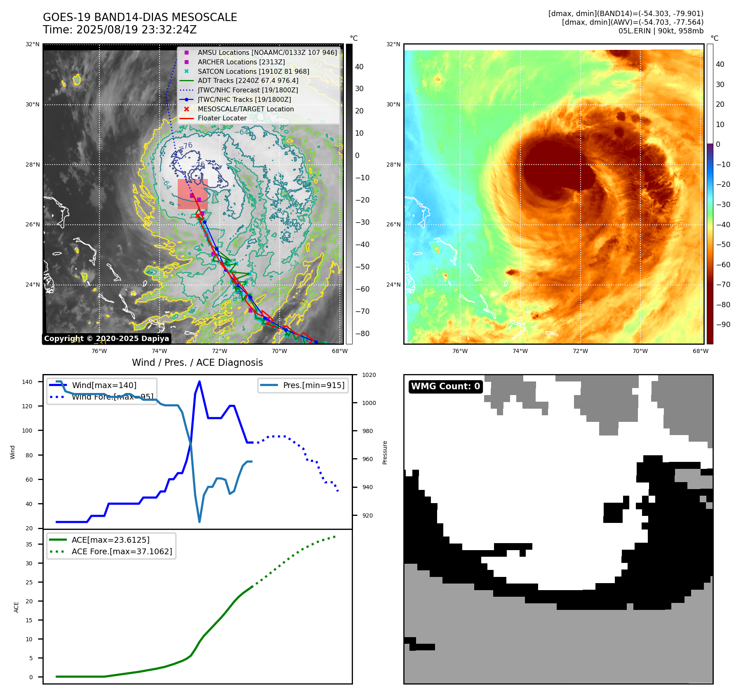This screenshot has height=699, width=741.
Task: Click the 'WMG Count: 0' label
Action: click(x=445, y=386)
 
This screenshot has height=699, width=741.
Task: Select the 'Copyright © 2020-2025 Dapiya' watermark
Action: click(x=106, y=339)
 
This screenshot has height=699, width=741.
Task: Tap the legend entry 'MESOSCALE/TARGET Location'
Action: click(x=245, y=109)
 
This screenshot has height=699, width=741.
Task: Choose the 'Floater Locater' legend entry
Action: click(x=222, y=118)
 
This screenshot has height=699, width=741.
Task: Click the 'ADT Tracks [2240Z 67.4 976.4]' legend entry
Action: click(x=248, y=81)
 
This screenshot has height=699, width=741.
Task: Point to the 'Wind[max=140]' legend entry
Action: click(x=104, y=385)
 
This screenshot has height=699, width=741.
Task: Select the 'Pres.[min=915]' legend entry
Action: click(x=313, y=385)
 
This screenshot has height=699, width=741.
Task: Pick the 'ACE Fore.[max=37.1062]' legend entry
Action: click(x=122, y=551)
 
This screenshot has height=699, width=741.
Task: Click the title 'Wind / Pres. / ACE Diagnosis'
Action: click(x=197, y=362)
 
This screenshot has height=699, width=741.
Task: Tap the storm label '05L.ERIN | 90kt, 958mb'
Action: click(x=661, y=31)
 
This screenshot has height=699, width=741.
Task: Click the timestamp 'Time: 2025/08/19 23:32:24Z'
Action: click(x=120, y=30)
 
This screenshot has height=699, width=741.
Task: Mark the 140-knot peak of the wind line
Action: click(x=200, y=381)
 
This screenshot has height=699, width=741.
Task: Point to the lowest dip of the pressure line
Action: click(x=200, y=522)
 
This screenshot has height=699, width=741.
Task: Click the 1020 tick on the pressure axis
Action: click(x=369, y=375)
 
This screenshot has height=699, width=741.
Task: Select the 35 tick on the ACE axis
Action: click(x=29, y=544)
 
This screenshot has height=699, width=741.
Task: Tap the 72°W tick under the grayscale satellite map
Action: click(x=219, y=351)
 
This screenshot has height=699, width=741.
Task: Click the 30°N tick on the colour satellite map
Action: click(x=393, y=104)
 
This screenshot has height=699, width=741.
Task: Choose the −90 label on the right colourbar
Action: click(x=723, y=325)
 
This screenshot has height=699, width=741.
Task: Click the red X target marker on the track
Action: click(x=198, y=216)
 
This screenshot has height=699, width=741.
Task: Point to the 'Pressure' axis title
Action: click(x=385, y=452)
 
